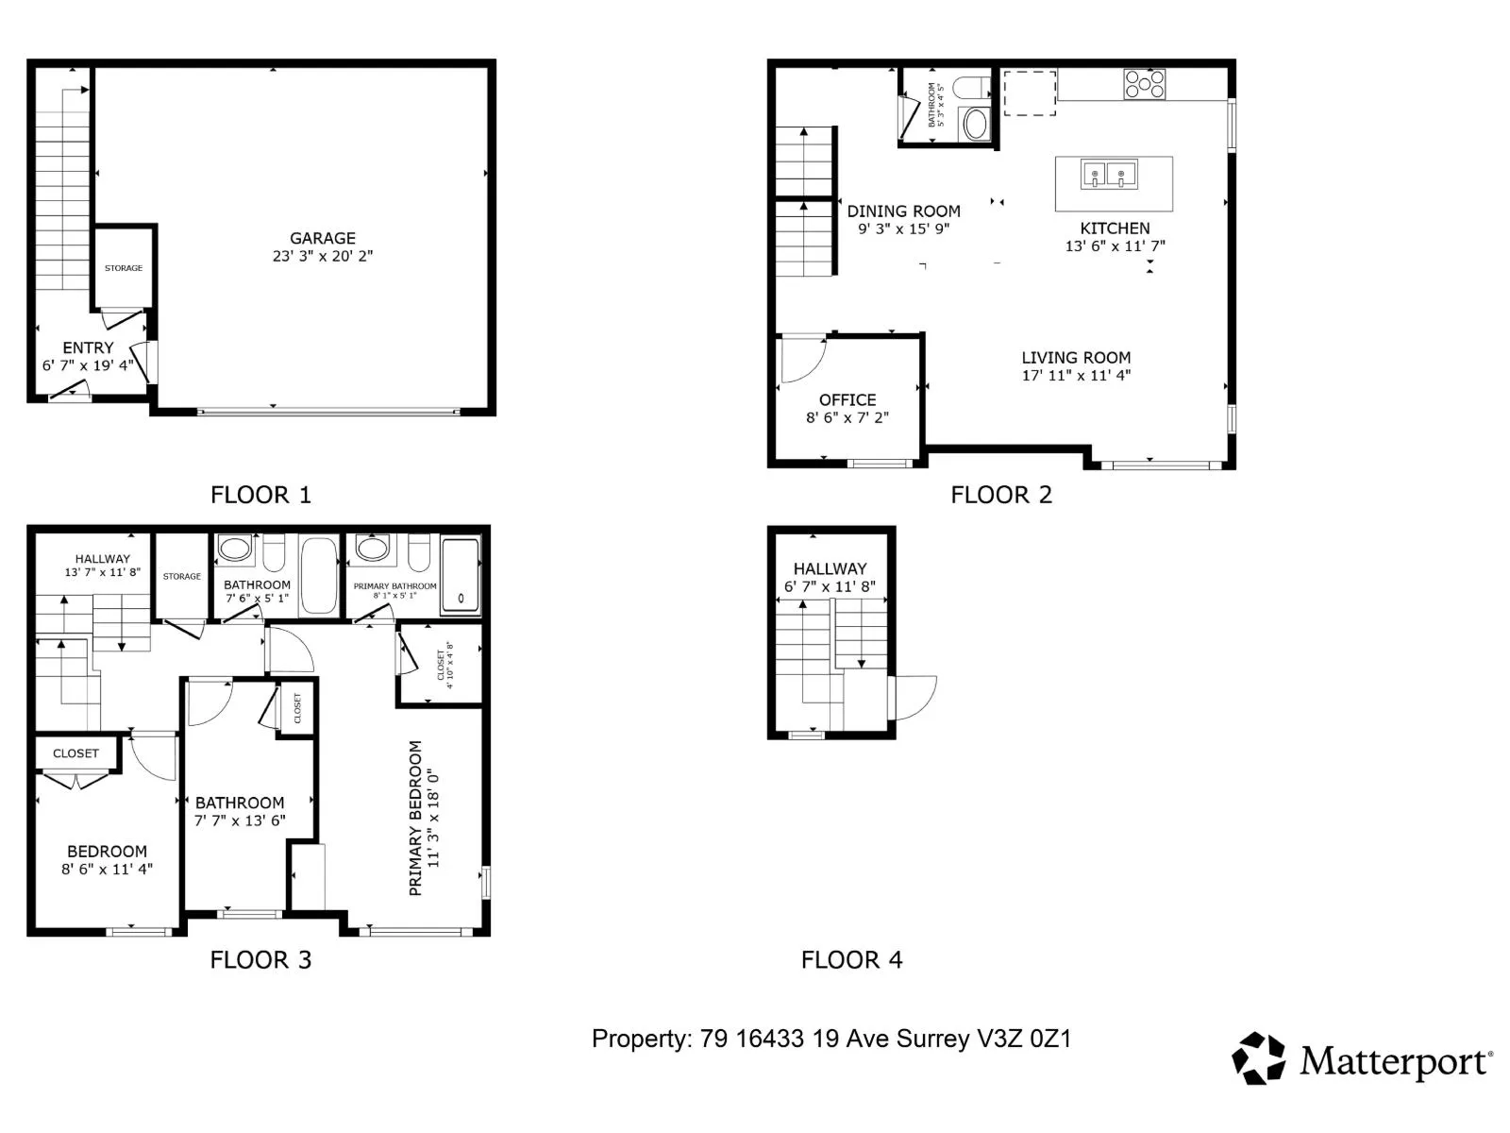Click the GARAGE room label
[x=322, y=238]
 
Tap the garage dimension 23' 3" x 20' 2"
[x=322, y=256]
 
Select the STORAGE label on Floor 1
[x=124, y=268]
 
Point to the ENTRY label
[x=88, y=347]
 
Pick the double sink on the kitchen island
[x=1109, y=174]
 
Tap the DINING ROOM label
[x=903, y=211]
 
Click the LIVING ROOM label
[x=1076, y=358]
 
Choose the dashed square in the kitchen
[x=1029, y=93]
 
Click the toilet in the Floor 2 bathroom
[x=971, y=88]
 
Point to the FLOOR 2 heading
[x=1001, y=495]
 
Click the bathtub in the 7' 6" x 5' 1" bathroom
[x=319, y=575]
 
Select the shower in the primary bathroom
[x=461, y=574]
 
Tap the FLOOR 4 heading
[x=851, y=959]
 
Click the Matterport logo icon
[x=1258, y=1058]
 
